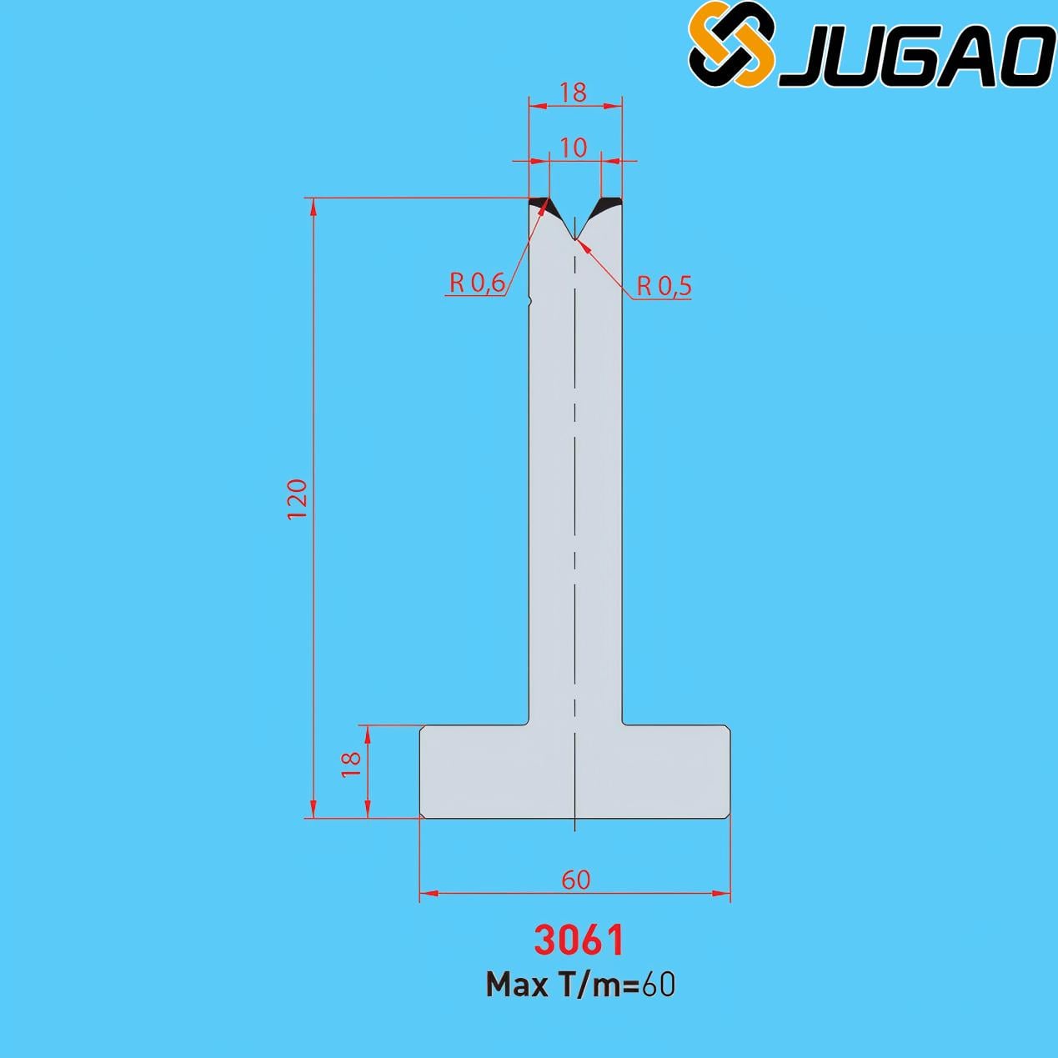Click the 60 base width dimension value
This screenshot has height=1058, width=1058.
click(x=575, y=880)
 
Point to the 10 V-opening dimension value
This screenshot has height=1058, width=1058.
click(x=574, y=148)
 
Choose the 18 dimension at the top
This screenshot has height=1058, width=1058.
click(x=574, y=93)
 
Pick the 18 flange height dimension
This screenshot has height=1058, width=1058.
click(x=351, y=763)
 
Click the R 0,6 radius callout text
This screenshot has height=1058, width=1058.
click(x=477, y=283)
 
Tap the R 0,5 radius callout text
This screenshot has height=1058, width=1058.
click(x=664, y=286)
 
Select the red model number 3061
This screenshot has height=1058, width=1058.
click(x=579, y=940)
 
